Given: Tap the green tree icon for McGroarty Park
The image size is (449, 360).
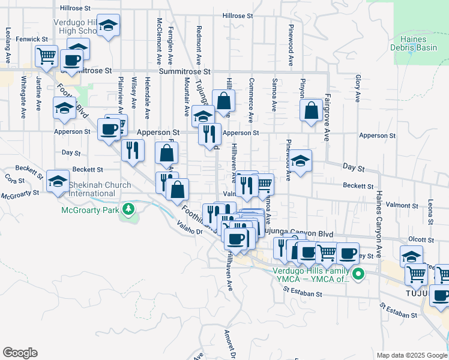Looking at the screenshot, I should click(x=128, y=209).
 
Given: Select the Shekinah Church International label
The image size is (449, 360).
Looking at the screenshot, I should click(x=100, y=189).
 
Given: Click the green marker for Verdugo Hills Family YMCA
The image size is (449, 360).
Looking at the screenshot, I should click(x=358, y=275).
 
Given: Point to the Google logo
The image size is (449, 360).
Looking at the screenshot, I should click(x=20, y=353).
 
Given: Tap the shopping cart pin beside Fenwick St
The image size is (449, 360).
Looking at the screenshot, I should click(x=46, y=57).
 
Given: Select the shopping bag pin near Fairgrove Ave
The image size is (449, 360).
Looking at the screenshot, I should click(x=312, y=111).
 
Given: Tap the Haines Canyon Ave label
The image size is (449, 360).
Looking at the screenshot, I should click(x=379, y=216).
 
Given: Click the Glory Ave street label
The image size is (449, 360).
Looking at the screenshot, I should click(x=358, y=88).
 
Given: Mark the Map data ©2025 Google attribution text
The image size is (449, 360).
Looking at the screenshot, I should click(x=411, y=355).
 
